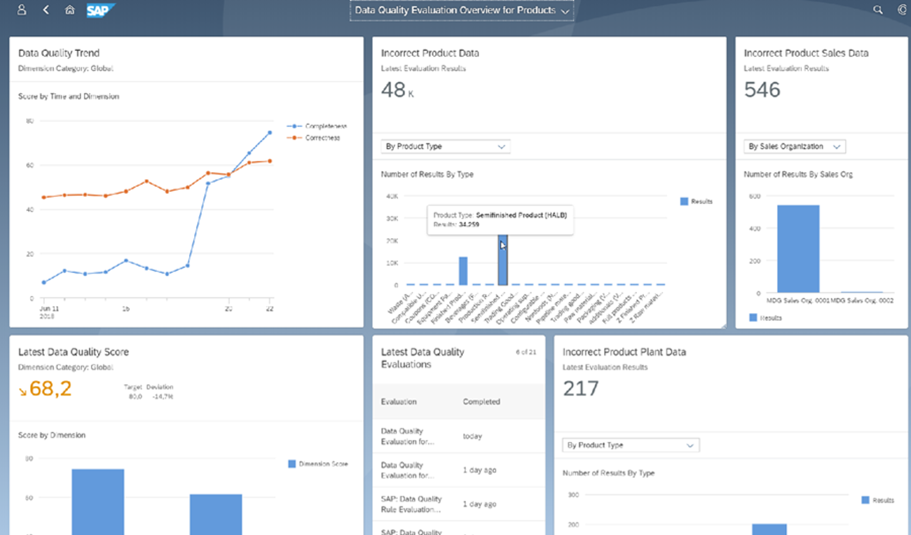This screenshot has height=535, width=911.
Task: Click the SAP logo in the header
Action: click(100, 10)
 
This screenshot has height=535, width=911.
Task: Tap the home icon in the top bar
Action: click(70, 10)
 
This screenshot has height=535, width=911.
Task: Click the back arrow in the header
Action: click(46, 10)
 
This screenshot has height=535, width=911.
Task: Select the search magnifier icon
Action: click(878, 10)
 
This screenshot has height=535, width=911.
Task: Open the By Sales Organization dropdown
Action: click(794, 146)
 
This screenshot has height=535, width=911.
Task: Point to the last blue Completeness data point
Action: click(270, 133)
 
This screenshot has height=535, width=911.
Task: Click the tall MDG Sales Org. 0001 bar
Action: click(798, 249)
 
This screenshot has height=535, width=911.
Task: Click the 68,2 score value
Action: click(50, 389)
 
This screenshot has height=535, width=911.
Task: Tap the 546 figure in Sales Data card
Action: click(762, 89)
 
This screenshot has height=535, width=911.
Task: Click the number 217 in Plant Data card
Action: click(581, 389)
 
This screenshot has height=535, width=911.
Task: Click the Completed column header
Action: click(481, 402)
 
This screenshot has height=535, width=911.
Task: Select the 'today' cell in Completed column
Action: click(472, 436)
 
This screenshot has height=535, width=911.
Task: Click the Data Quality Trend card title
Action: click(59, 53)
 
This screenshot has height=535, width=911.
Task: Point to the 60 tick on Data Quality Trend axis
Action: click(30, 165)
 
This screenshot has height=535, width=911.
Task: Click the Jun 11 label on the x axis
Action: click(49, 309)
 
